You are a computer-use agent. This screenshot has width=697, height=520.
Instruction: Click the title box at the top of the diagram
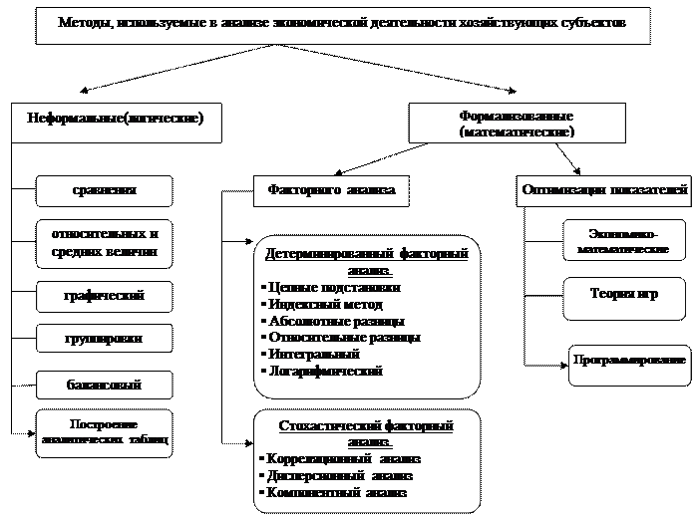tap(342, 23)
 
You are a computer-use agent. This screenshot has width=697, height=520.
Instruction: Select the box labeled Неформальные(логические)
tap(115, 119)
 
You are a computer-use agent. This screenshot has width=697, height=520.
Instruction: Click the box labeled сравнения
tap(104, 190)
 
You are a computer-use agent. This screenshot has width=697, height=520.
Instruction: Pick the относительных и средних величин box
tap(104, 244)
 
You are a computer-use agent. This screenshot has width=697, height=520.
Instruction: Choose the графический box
tap(104, 296)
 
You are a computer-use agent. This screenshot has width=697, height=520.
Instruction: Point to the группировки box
tap(104, 339)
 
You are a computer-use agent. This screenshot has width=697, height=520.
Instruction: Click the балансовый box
tap(104, 385)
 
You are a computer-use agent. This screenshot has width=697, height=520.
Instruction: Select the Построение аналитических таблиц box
tap(104, 431)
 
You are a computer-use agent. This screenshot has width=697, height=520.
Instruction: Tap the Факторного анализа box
tap(331, 189)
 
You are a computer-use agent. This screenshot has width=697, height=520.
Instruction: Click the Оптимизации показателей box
tap(604, 189)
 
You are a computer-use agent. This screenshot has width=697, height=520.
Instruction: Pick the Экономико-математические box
tap(609, 244)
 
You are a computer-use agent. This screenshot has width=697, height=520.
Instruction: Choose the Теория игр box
tap(609, 296)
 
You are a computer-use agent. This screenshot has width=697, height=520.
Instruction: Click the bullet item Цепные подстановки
tap(329, 288)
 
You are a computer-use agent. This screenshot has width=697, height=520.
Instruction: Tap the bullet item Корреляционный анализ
tap(340, 459)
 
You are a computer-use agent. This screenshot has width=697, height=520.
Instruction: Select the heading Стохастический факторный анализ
tap(366, 432)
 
